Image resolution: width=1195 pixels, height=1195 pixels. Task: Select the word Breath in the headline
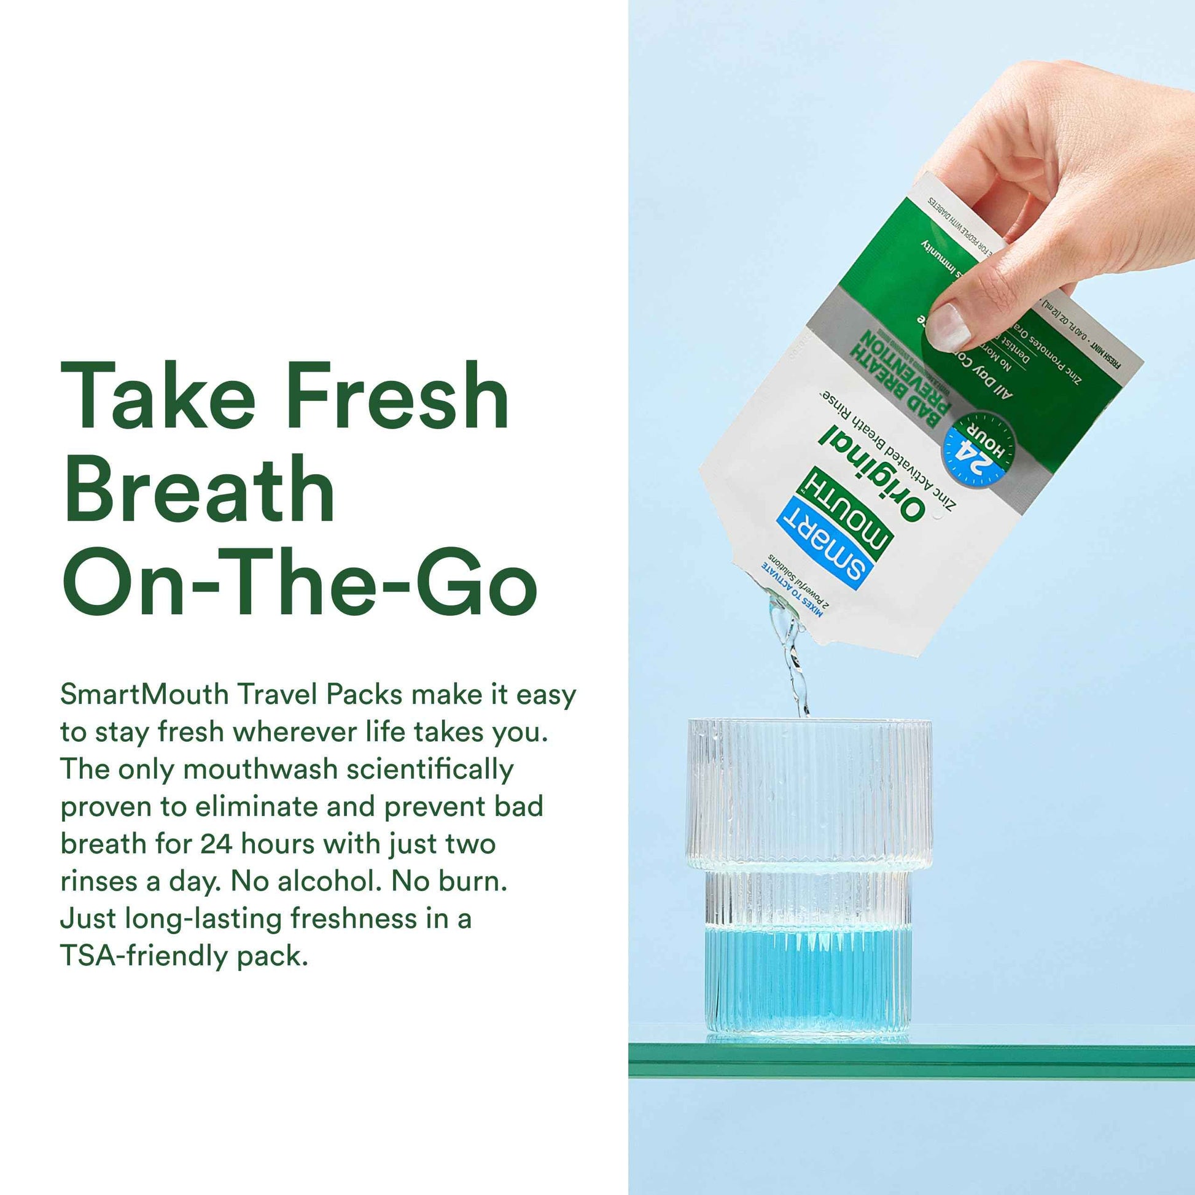pos(198,489)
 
